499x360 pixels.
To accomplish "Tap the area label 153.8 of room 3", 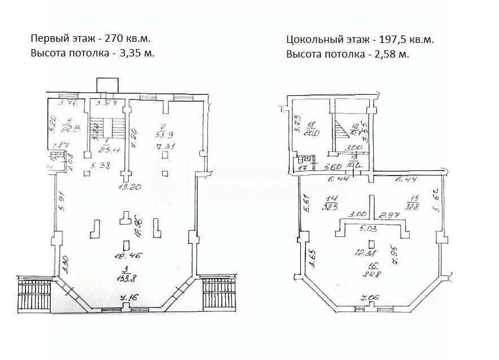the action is pyautogui.click(x=128, y=276).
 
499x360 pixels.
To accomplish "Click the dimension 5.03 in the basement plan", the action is pyautogui.click(x=370, y=229).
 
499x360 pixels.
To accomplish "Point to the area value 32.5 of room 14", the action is pyautogui.click(x=331, y=206).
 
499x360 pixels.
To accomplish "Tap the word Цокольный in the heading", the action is pyautogui.click(x=311, y=40).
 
